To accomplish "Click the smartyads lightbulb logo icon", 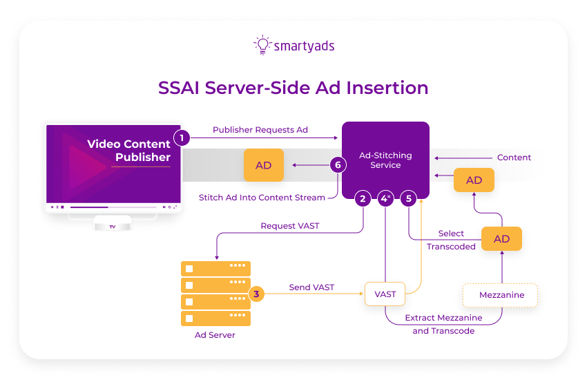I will [x=262, y=45].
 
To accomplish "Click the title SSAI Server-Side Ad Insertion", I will [x=293, y=88].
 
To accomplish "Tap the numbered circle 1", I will [x=181, y=137].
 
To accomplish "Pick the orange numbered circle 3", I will [x=256, y=294].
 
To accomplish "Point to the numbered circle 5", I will [x=409, y=199].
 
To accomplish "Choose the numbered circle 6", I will [x=337, y=165].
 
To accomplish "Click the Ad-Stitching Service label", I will [x=385, y=160].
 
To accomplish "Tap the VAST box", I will [x=385, y=294].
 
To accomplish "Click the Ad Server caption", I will [x=215, y=335].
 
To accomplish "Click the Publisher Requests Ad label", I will [x=260, y=130].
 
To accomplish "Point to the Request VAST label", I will [x=290, y=226].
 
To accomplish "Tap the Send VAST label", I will [x=311, y=287].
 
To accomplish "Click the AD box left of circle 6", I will [x=264, y=166].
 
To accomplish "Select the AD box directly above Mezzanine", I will [x=501, y=238].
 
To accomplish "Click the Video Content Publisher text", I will [x=128, y=151].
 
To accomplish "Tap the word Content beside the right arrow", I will [x=514, y=158].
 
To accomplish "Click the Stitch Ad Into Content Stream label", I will [x=262, y=198].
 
